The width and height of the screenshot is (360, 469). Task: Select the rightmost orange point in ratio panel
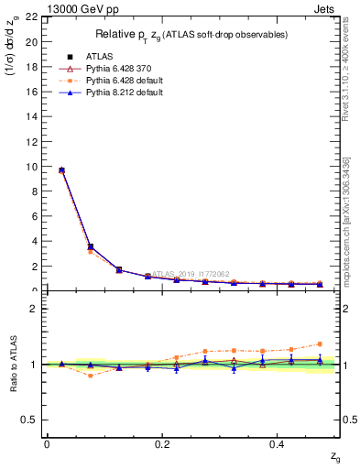click(x=320, y=344)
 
